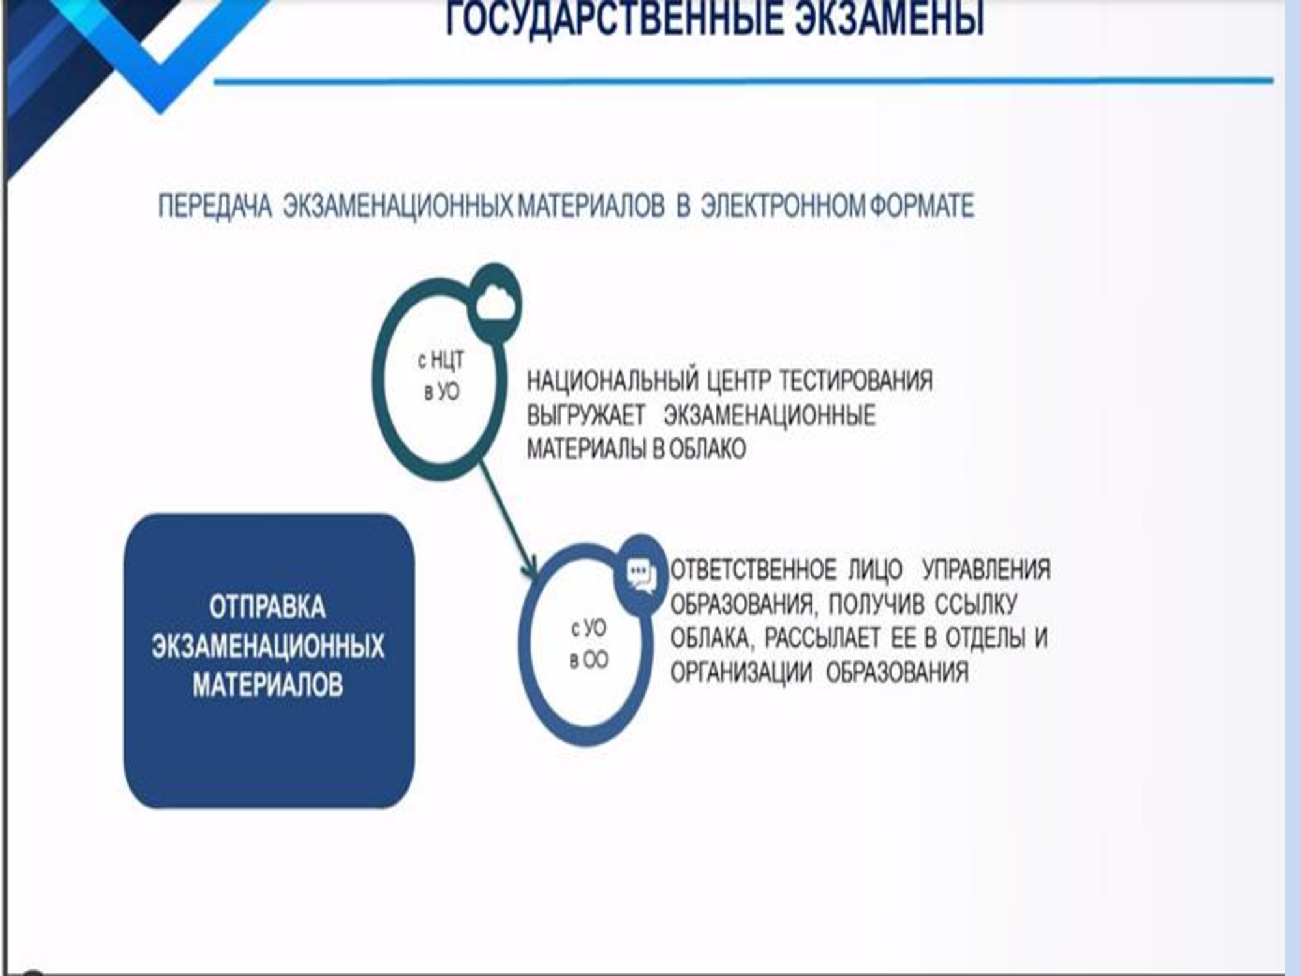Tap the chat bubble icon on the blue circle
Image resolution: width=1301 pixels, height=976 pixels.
[641, 576]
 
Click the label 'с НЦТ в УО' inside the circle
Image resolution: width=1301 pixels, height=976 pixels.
[441, 375]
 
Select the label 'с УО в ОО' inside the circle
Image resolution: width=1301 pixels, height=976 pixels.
[589, 644]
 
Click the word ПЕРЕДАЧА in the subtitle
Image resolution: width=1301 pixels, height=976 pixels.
[215, 206]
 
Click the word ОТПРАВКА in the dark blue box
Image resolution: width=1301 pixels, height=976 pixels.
[267, 607]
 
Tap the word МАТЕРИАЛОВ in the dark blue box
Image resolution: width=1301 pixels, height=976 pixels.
[267, 685]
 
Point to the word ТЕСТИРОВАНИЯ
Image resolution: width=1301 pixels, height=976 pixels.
[856, 380]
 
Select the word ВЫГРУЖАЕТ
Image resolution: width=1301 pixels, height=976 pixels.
[585, 415]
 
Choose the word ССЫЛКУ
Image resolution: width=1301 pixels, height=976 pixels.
[976, 604]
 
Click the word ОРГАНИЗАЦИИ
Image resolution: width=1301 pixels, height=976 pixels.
[741, 672]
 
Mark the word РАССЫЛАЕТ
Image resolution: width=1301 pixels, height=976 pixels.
[822, 638]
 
